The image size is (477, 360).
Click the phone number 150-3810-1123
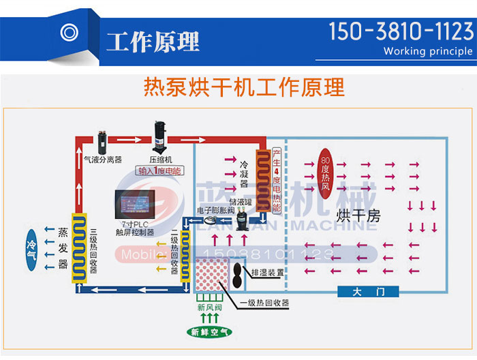(x=401, y=31)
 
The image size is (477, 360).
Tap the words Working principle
(x=427, y=51)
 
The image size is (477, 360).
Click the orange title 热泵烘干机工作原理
(x=244, y=87)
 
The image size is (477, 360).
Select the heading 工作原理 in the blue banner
(x=153, y=42)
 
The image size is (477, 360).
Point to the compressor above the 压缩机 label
(x=160, y=134)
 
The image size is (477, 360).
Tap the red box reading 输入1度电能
(x=159, y=171)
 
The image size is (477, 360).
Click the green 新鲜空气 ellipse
(x=211, y=332)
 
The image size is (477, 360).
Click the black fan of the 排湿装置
(x=236, y=272)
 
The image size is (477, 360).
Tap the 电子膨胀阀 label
(x=215, y=211)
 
